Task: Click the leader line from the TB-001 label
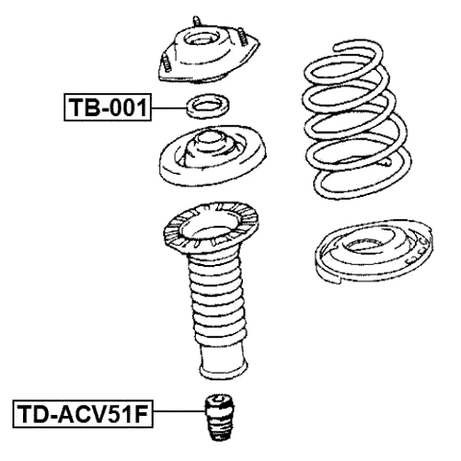click(169, 106)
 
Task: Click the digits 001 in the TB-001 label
click(128, 106)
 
